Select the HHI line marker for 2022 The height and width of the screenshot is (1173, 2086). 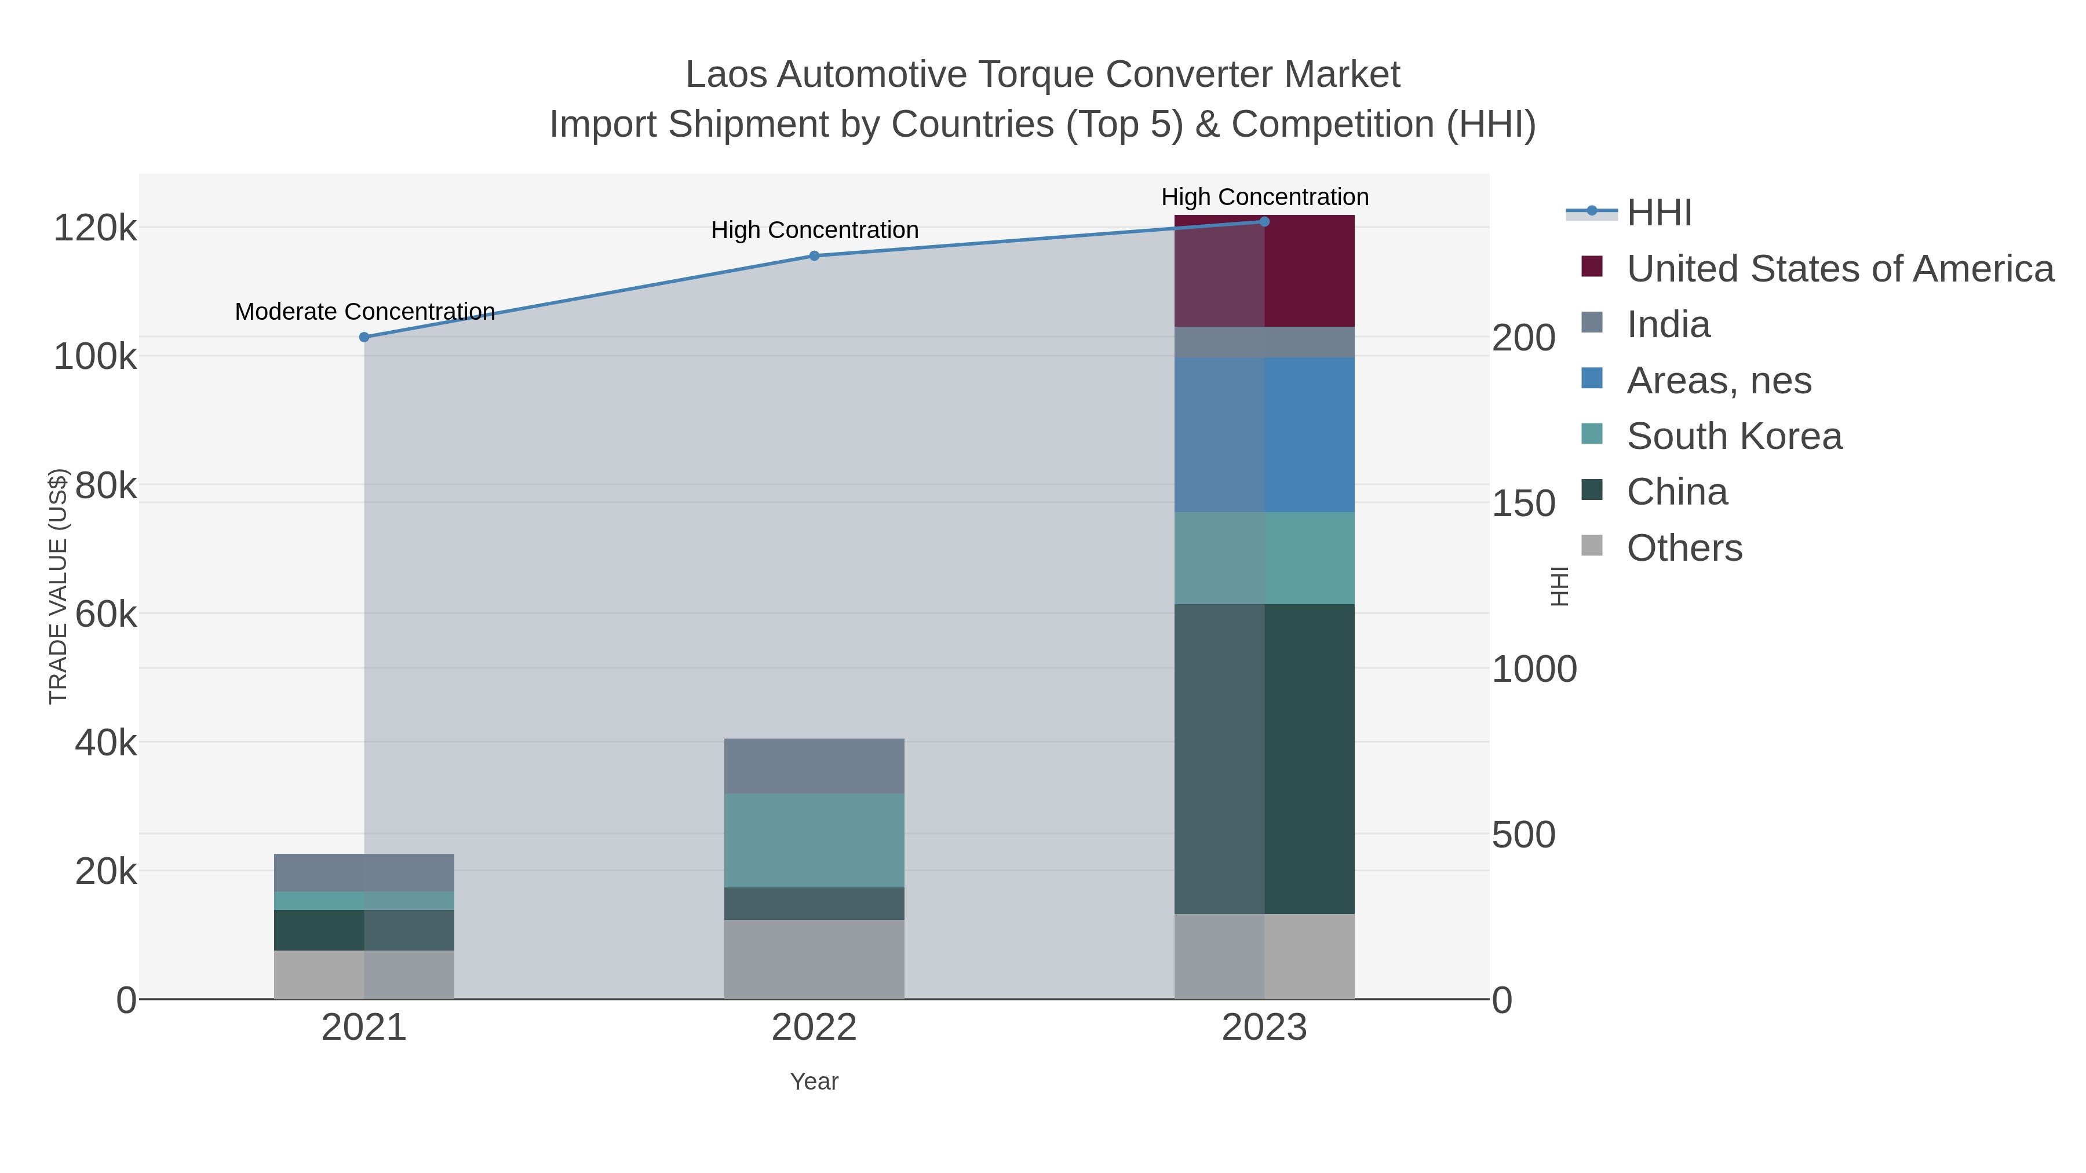[x=814, y=256]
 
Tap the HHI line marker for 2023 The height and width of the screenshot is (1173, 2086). [x=1264, y=222]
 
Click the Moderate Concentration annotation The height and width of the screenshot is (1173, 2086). [x=364, y=312]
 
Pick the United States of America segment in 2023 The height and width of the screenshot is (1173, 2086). [x=1264, y=271]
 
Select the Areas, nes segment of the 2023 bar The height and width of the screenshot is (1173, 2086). [x=1264, y=434]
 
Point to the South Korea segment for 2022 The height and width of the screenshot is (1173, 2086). [x=814, y=841]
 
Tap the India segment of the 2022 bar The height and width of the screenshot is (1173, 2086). [x=814, y=766]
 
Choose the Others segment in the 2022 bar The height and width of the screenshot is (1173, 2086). [x=814, y=959]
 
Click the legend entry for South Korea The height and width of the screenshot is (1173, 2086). [x=1734, y=436]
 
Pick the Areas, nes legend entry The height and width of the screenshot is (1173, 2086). [x=1719, y=381]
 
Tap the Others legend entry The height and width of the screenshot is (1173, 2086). [x=1684, y=548]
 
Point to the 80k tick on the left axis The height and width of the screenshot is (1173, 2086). [x=105, y=486]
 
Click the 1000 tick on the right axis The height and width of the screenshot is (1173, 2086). [x=1534, y=670]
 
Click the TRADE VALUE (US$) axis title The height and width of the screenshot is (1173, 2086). [x=59, y=587]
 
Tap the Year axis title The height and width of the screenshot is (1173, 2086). [x=814, y=1081]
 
